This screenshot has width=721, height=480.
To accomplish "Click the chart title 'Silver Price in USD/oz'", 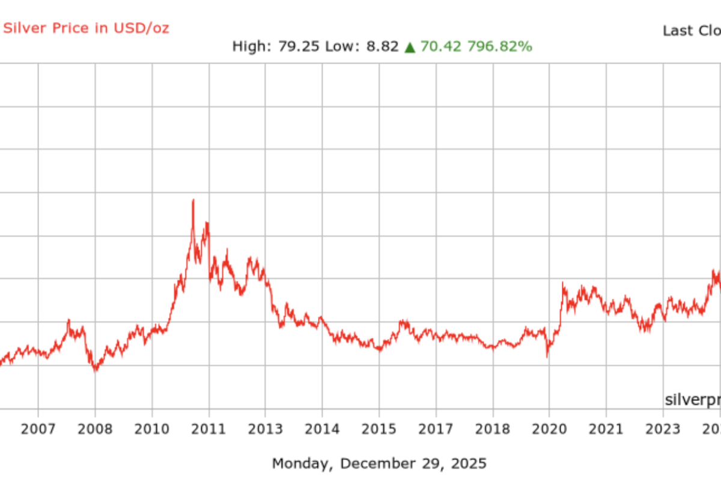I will pos(87,28).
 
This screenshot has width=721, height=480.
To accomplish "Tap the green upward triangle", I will pos(410,47).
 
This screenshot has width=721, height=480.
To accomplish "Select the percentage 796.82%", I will pos(500,47).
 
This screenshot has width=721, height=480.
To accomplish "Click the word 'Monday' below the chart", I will pos(303,464).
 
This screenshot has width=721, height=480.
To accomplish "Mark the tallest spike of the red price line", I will pos(193,200).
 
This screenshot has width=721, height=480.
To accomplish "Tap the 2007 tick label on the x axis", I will pos(38,430).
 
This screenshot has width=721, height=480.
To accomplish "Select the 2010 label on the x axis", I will pos(152,430).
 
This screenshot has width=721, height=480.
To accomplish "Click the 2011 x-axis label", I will pos(208,430).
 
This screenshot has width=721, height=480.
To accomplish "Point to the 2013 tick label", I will pos(266,430).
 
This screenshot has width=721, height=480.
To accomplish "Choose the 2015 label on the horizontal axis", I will pos(379,430).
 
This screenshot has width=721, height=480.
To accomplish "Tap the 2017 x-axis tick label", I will pos(436,430).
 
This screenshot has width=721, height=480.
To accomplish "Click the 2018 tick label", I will pos(493,430).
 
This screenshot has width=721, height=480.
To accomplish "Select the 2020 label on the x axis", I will pos(550,430).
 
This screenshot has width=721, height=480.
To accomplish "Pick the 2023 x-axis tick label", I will pos(663,430).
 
